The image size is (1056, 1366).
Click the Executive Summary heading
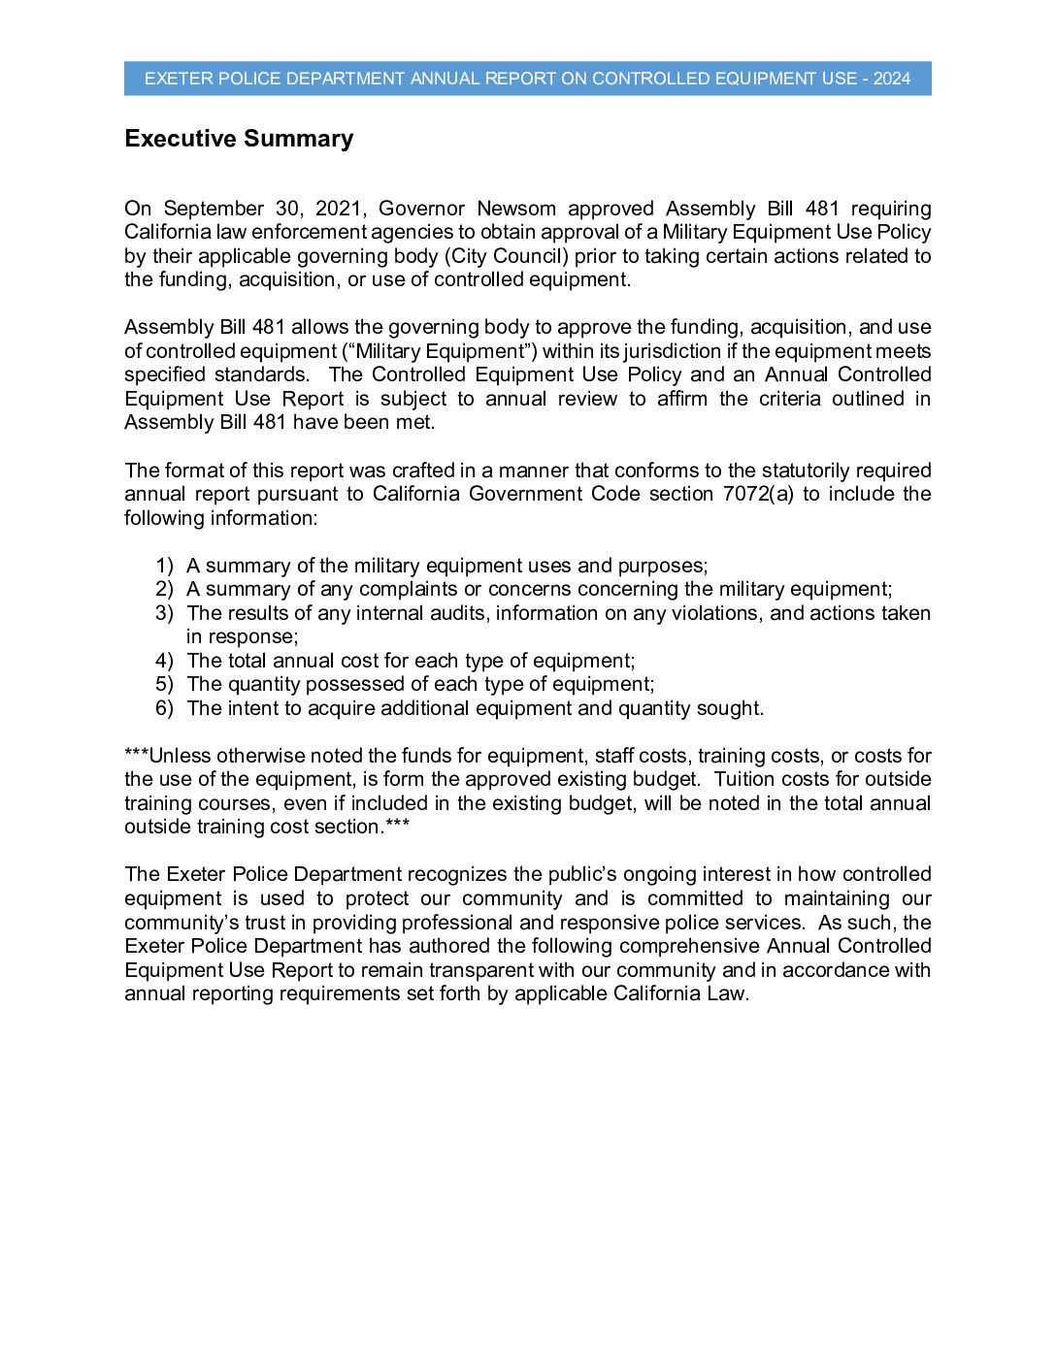(x=239, y=139)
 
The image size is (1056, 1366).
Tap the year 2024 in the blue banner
(x=892, y=79)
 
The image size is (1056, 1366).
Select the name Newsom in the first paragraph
(x=516, y=209)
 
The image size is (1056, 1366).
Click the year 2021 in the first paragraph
(x=339, y=209)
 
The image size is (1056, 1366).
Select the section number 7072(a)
(x=757, y=494)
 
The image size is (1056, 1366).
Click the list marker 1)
(x=165, y=566)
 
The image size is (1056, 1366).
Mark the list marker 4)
(x=165, y=661)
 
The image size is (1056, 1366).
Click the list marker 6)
(x=165, y=708)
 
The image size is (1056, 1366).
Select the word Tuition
(x=746, y=779)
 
